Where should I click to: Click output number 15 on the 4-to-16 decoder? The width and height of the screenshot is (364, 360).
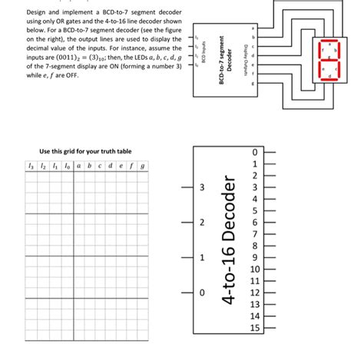(x=256, y=329)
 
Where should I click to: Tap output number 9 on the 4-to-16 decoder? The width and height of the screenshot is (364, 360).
(x=256, y=258)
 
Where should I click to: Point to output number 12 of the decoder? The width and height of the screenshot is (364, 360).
(x=256, y=293)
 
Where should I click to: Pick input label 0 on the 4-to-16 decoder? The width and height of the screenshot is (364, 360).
(x=202, y=292)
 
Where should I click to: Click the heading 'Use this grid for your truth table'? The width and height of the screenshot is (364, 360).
(x=78, y=150)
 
